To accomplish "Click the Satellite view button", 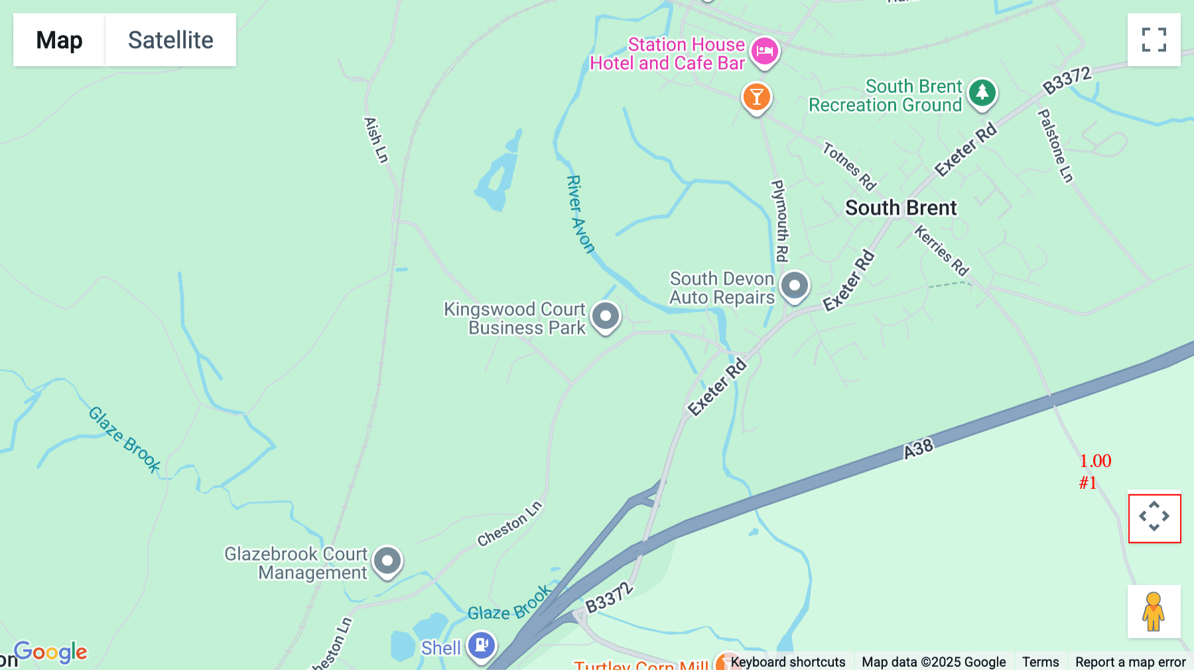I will click(170, 40).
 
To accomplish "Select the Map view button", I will click(59, 40).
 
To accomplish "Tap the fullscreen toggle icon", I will click(1154, 40).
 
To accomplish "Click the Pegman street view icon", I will click(1154, 612).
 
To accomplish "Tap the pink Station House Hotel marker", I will click(764, 50).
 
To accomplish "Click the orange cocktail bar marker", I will click(756, 97).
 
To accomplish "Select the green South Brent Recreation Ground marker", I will click(982, 93).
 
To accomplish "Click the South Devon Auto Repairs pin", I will click(794, 286).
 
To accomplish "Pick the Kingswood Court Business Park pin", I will click(605, 316).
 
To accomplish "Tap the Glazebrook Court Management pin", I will click(387, 561).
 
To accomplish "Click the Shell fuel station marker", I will click(481, 645).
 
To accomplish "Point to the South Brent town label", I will click(901, 208).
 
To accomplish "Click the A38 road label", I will click(919, 449).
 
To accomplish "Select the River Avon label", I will click(579, 214).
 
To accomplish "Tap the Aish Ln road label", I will click(375, 140).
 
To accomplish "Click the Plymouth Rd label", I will click(780, 221).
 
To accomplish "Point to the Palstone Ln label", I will click(1055, 146).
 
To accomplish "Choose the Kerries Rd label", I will click(941, 250).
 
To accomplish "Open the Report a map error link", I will click(1130, 662).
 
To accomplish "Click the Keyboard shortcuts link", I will click(787, 662).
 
